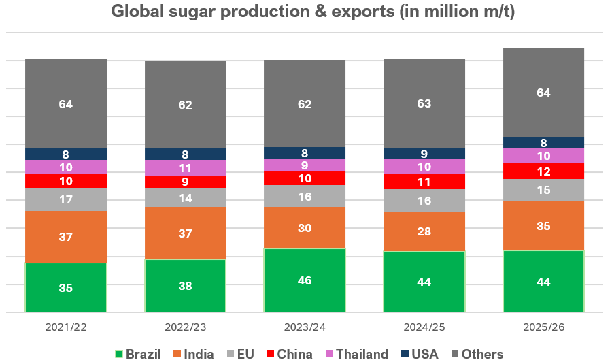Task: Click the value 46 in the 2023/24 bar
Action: pyautogui.click(x=305, y=280)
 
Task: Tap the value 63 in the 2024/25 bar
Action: pyautogui.click(x=424, y=103)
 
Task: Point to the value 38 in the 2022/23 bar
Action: pyautogui.click(x=185, y=286)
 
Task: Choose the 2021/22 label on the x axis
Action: pyautogui.click(x=66, y=327)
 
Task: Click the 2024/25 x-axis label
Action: pyautogui.click(x=424, y=327)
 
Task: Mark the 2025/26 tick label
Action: pyautogui.click(x=544, y=327)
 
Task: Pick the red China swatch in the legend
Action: pyautogui.click(x=271, y=354)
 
